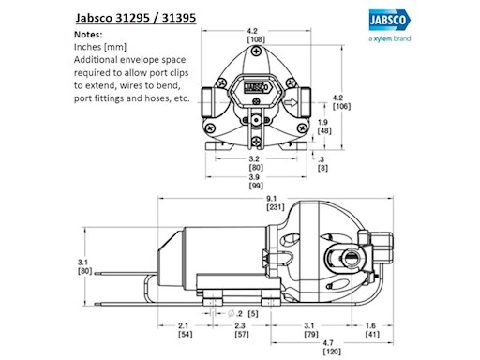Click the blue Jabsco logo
pos(390,20)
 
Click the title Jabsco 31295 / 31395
pos(136,18)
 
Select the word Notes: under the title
pos(88,35)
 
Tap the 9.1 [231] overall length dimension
pos(276,202)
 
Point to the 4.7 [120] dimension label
pos(332,347)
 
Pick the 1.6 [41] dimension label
pos(372,330)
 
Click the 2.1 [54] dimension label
pos(185,330)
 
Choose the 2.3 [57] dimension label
pos(242,330)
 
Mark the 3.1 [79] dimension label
pos(311,330)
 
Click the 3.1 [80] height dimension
pos(84,266)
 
